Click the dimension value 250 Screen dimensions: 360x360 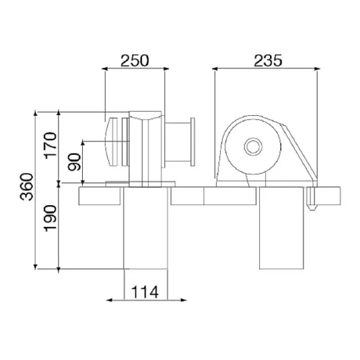[x=135, y=60]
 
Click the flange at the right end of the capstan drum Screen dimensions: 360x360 [x=193, y=141]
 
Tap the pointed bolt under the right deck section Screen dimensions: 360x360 [x=310, y=200]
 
